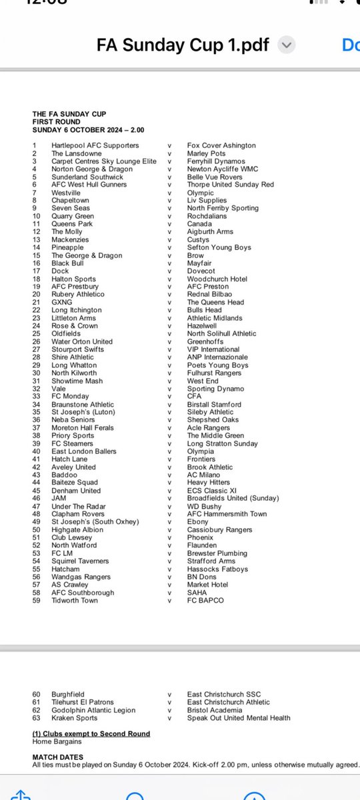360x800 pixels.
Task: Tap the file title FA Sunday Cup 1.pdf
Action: pyautogui.click(x=183, y=45)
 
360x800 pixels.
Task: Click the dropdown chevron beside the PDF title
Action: pyautogui.click(x=286, y=45)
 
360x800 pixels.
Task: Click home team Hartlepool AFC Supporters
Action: pyautogui.click(x=95, y=145)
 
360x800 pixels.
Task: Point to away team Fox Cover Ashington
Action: pyautogui.click(x=221, y=145)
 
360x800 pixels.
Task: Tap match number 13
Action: pyautogui.click(x=37, y=239)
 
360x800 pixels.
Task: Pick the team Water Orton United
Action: pyautogui.click(x=82, y=341)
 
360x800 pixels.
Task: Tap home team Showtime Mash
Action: pyautogui.click(x=77, y=381)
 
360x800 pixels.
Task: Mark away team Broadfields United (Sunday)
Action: pyautogui.click(x=233, y=498)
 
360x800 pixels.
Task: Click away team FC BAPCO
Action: pyautogui.click(x=205, y=601)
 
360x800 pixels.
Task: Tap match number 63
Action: pyautogui.click(x=37, y=718)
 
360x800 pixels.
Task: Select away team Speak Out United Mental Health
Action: pyautogui.click(x=239, y=718)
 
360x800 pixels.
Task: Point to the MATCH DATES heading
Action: pyautogui.click(x=58, y=758)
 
